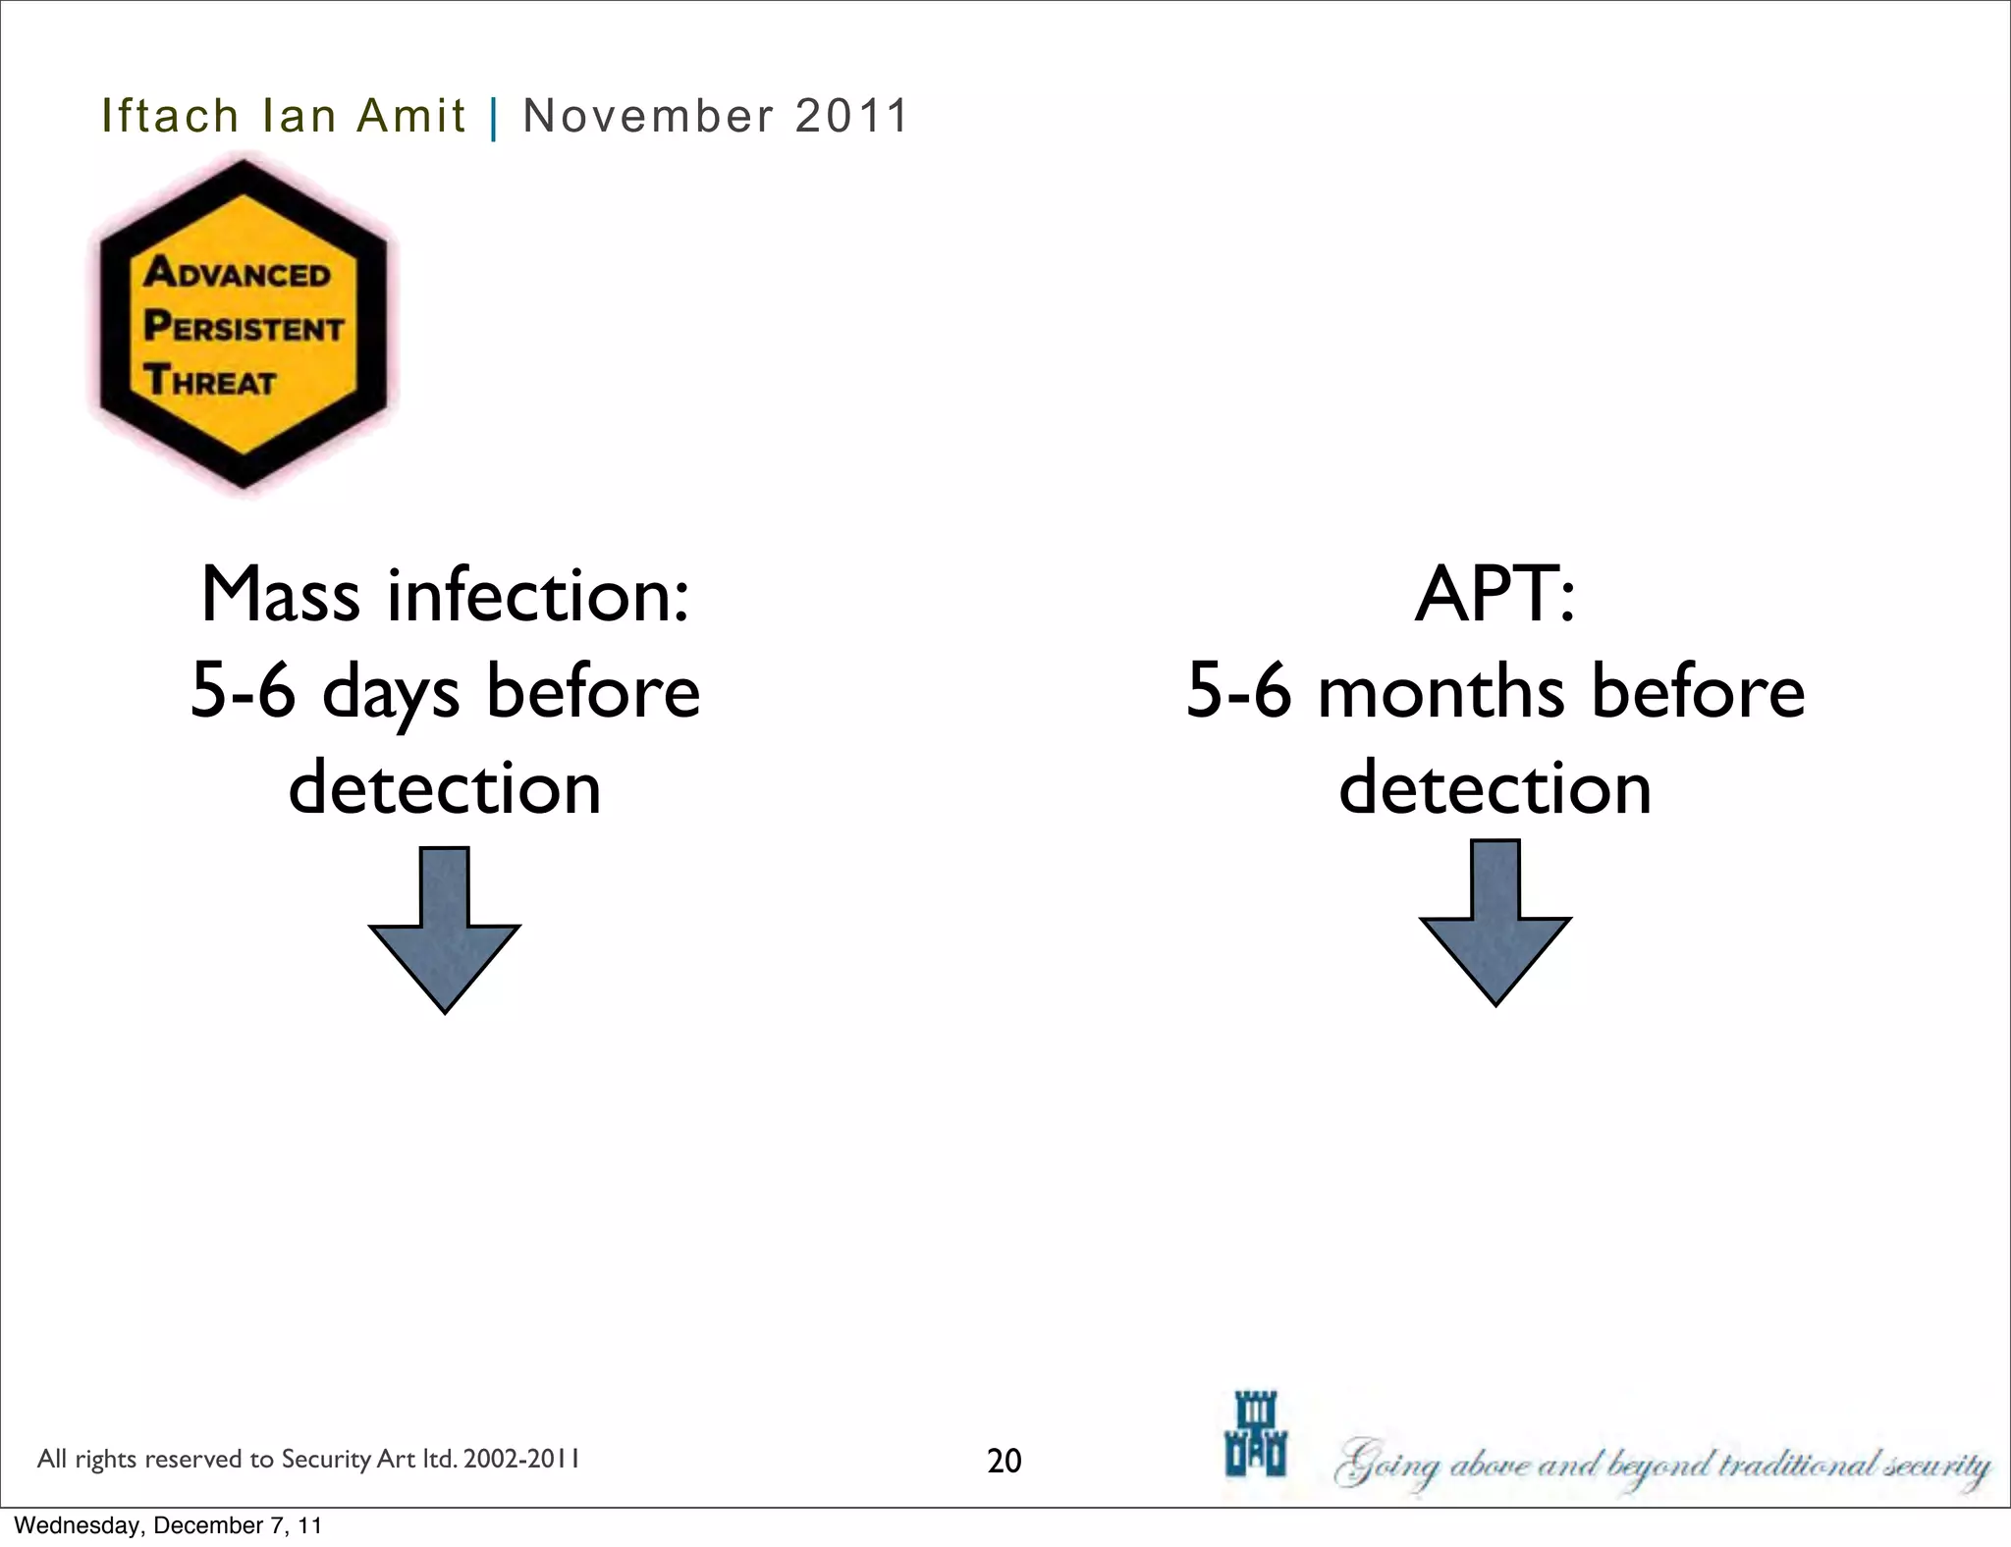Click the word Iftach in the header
coord(170,116)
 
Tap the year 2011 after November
coord(851,116)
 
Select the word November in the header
coord(649,116)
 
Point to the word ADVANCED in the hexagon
coord(238,273)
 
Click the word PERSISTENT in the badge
coord(244,326)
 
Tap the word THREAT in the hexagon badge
coord(209,380)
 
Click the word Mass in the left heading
coord(280,595)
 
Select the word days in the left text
coord(390,693)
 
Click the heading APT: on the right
coord(1495,595)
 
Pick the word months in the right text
coord(1440,693)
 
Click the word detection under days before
coord(445,788)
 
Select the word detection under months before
coord(1495,788)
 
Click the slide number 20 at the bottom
coord(1004,1461)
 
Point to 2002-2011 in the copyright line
coord(520,1459)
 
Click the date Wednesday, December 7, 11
coord(168,1525)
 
